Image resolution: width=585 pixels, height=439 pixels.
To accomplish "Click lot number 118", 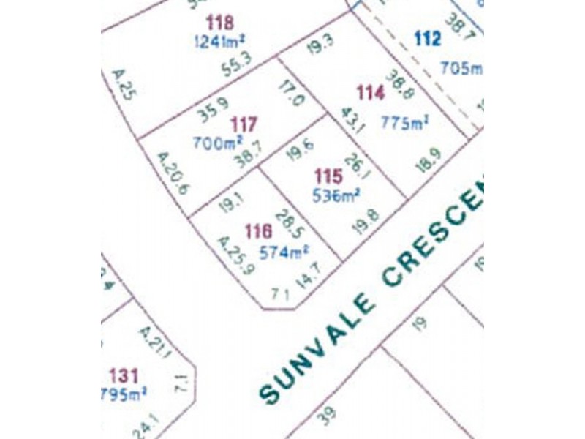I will (220, 22).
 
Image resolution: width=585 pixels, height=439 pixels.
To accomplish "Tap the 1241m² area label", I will (220, 41).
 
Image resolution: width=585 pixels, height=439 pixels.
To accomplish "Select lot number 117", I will (243, 124).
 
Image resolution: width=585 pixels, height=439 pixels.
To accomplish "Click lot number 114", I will (369, 92).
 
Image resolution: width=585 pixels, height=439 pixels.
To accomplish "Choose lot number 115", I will (328, 176).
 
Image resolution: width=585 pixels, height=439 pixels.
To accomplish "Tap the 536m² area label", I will (337, 195).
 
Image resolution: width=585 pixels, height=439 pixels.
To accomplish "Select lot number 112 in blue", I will (428, 39).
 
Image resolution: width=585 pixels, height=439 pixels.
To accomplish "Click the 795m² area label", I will (124, 396).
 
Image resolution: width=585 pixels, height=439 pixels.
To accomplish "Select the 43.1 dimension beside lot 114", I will (355, 119).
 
